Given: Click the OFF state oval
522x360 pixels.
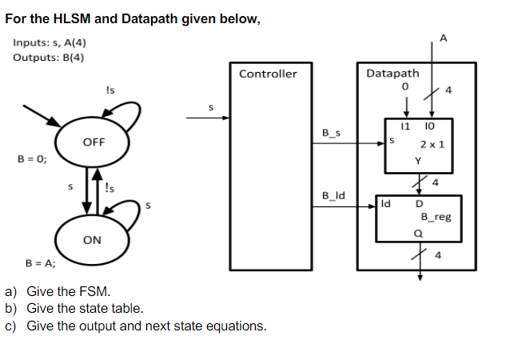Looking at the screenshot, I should click(x=94, y=142).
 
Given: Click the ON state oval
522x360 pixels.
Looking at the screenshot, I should click(x=92, y=239).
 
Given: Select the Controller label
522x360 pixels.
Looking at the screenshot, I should click(x=268, y=74).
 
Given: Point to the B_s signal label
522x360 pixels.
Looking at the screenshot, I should click(x=331, y=133).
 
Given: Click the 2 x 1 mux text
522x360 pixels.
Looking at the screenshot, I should click(x=432, y=145).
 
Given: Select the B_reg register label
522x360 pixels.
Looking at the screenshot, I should click(x=436, y=217).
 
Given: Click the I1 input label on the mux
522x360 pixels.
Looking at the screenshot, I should click(x=405, y=126).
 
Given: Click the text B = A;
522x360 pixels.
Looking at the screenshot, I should click(x=40, y=262).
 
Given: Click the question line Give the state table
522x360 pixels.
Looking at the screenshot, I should click(x=86, y=308).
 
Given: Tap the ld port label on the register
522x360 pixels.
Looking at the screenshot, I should click(x=387, y=204).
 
